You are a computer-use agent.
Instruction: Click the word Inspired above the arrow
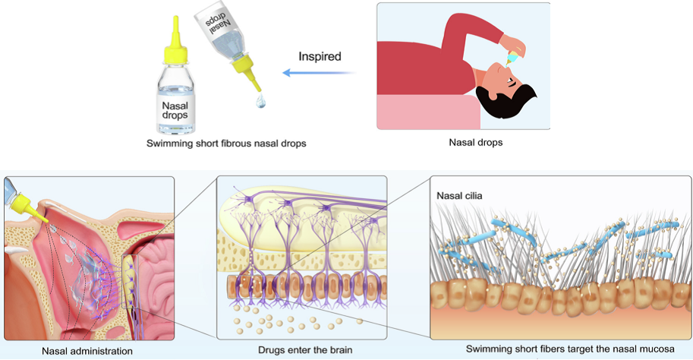tap(320, 57)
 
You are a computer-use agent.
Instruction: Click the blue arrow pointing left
tap(319, 72)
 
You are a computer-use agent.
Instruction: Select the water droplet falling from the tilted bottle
tap(261, 101)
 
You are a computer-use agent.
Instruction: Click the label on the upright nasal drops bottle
tap(175, 110)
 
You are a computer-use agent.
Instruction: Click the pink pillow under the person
tap(428, 112)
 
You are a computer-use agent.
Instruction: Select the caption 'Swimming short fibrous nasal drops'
tap(226, 144)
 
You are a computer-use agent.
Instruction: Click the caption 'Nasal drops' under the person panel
tap(476, 143)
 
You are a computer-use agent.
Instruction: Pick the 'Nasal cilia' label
tap(459, 195)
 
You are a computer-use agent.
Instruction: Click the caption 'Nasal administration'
tap(87, 351)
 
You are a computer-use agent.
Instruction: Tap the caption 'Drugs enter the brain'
tap(305, 350)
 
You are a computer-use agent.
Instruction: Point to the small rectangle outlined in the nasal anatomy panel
tap(130, 281)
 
